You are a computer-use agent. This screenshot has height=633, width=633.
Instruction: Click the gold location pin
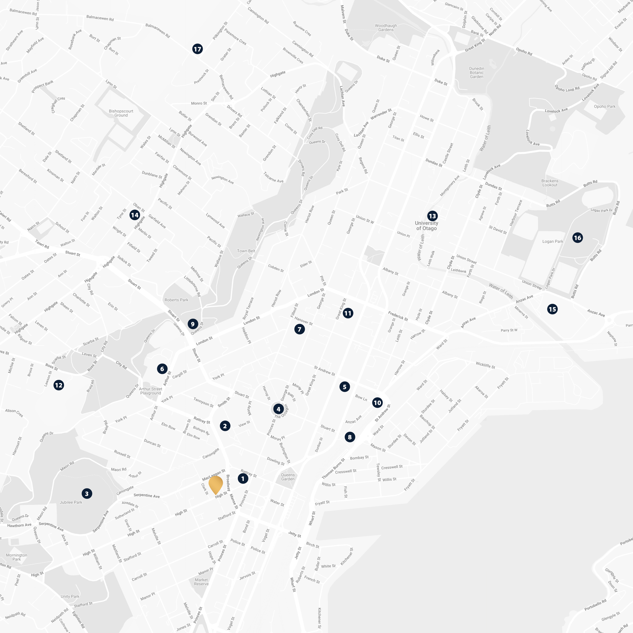216,484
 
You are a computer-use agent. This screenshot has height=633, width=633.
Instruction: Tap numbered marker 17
197,49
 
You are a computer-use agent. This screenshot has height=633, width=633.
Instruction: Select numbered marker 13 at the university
432,216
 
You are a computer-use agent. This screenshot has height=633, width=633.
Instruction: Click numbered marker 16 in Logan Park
577,238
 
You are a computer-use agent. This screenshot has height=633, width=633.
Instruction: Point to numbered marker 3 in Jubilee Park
87,494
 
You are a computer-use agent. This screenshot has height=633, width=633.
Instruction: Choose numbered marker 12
59,385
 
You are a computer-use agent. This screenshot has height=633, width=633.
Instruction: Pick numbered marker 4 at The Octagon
278,409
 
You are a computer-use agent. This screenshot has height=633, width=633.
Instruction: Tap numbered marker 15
552,309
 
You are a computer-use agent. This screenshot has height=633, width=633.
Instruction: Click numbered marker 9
193,324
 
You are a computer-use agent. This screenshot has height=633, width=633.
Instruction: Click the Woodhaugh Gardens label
386,27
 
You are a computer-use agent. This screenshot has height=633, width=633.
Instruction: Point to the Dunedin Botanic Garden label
476,72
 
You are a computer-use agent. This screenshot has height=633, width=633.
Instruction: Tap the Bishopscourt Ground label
121,113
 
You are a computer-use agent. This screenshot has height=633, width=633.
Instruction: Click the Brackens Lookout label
549,183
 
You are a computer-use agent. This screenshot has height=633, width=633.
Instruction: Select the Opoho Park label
605,107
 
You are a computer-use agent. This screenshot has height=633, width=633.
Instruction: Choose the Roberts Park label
176,300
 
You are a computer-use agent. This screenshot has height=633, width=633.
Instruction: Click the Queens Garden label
288,477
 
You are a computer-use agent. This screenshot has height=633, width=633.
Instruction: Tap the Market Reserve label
201,582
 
